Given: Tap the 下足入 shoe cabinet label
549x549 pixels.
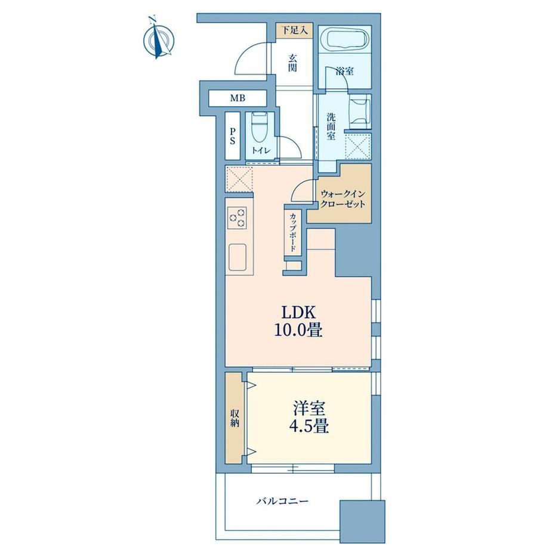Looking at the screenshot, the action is pos(295,30).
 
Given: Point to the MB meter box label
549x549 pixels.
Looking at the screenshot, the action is pos(238,98).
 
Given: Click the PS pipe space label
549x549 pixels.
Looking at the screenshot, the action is pos(233,136).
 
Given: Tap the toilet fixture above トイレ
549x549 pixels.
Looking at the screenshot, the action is pos(260,128).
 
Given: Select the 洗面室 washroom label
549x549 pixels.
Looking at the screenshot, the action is pos(331,127).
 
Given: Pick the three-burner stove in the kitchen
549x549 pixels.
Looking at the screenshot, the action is pos(237,218).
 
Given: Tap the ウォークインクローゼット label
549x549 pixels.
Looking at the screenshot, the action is pos(343,199).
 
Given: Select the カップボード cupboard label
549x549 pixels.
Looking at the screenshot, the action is pos(293,232).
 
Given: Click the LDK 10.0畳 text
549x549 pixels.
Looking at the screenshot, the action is pos(298,321).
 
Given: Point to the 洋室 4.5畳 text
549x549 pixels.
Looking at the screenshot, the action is pos(309,417).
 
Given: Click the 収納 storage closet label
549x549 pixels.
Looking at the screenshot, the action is pos(235,418).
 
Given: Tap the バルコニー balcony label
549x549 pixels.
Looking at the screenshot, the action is pos(282,501).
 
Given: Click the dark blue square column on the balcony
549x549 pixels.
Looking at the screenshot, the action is pos(362,523).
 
